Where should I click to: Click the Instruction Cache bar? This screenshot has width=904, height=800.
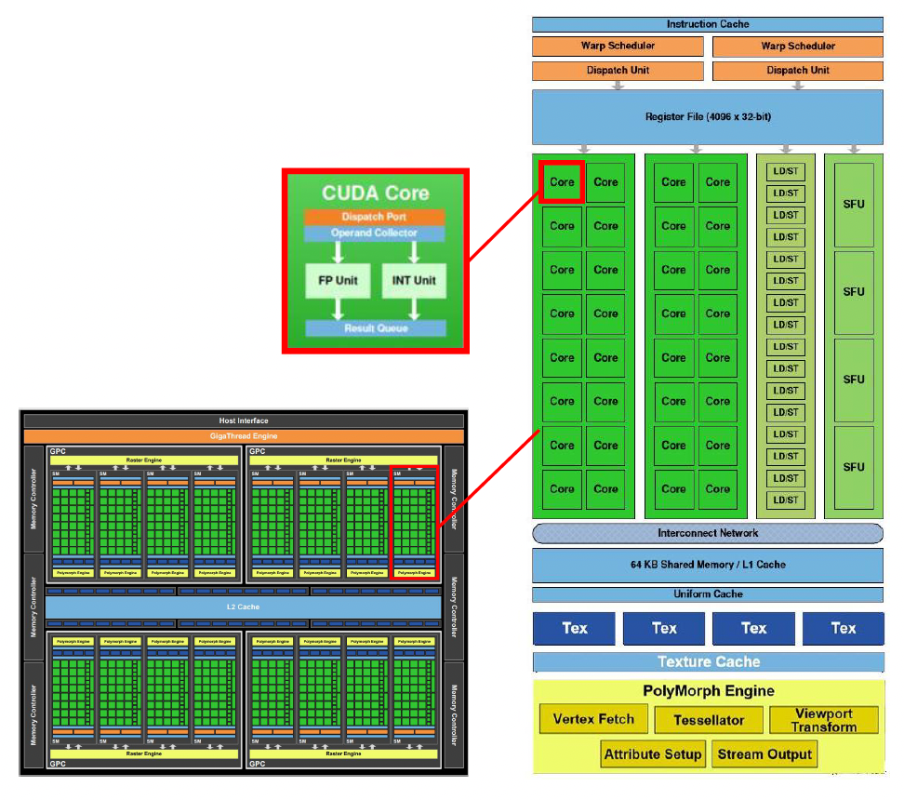pos(708,24)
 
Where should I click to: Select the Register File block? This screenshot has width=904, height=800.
pos(708,116)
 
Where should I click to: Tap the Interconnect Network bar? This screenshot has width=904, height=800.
pos(708,533)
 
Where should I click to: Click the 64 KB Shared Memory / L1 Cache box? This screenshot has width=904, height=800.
pos(708,565)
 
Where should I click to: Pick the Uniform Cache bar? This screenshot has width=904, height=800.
pos(708,594)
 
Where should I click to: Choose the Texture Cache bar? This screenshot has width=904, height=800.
pos(708,662)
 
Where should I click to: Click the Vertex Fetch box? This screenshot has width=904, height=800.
pos(593,719)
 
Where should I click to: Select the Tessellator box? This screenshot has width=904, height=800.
pos(708,720)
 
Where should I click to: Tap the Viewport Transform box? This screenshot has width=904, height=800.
pos(824,720)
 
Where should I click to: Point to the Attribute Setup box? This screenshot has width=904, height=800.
pos(653,754)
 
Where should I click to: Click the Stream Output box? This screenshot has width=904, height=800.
pos(764,754)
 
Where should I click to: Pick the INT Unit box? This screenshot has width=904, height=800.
pos(413,280)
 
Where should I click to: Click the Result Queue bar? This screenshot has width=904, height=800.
pos(375,328)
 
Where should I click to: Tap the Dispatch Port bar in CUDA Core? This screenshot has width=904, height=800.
pos(375,217)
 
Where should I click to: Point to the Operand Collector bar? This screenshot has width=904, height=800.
pos(375,233)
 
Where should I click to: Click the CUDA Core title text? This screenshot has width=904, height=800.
pos(375,193)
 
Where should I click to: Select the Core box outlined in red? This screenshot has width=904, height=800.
pos(562,182)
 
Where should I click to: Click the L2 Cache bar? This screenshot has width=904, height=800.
pos(242,607)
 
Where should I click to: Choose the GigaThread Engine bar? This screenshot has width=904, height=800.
pos(242,436)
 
